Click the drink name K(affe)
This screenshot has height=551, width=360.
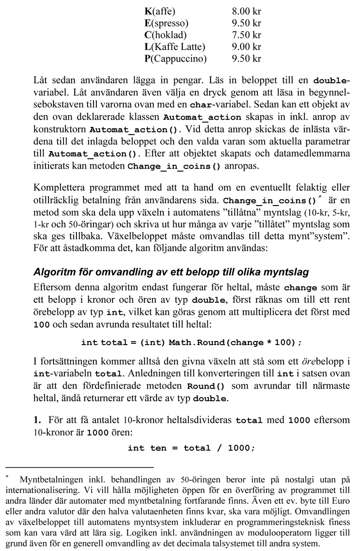point(160,10)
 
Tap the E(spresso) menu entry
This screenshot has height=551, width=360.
point(166,22)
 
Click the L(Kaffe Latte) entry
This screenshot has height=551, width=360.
point(175,46)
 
